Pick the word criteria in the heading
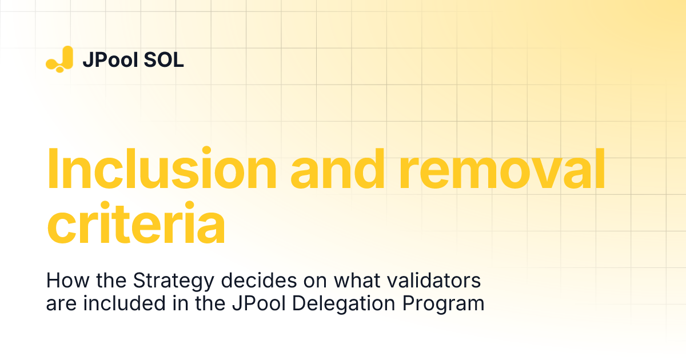pos(135,225)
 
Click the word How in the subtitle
pos(62,281)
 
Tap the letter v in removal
pos(535,173)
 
